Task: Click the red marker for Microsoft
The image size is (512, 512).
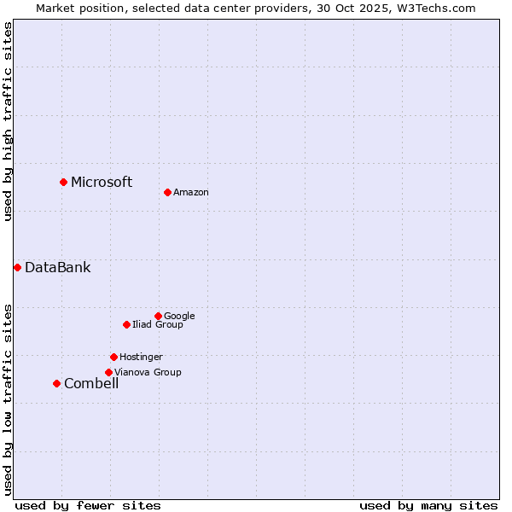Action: click(63, 182)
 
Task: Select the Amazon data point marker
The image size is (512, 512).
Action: click(167, 192)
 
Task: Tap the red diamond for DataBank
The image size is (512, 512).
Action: click(17, 267)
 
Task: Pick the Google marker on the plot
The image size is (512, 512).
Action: click(158, 316)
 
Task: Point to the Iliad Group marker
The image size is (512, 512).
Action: click(126, 324)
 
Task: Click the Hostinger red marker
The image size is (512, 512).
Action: click(113, 357)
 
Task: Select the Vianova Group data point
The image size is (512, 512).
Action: click(108, 372)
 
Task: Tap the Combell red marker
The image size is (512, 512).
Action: click(56, 383)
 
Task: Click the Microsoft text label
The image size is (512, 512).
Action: click(102, 182)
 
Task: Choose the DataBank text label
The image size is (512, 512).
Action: click(57, 267)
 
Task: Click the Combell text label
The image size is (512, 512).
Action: click(91, 383)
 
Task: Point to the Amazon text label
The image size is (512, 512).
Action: click(191, 192)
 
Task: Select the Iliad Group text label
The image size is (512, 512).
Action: click(158, 324)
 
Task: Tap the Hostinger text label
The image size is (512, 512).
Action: click(141, 357)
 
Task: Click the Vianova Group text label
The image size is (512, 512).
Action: click(148, 372)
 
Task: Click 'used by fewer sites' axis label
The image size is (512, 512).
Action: click(88, 505)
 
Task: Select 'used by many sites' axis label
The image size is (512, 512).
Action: click(428, 505)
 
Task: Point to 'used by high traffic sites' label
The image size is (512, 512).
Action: click(8, 121)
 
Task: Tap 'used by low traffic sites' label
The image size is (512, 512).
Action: click(8, 399)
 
